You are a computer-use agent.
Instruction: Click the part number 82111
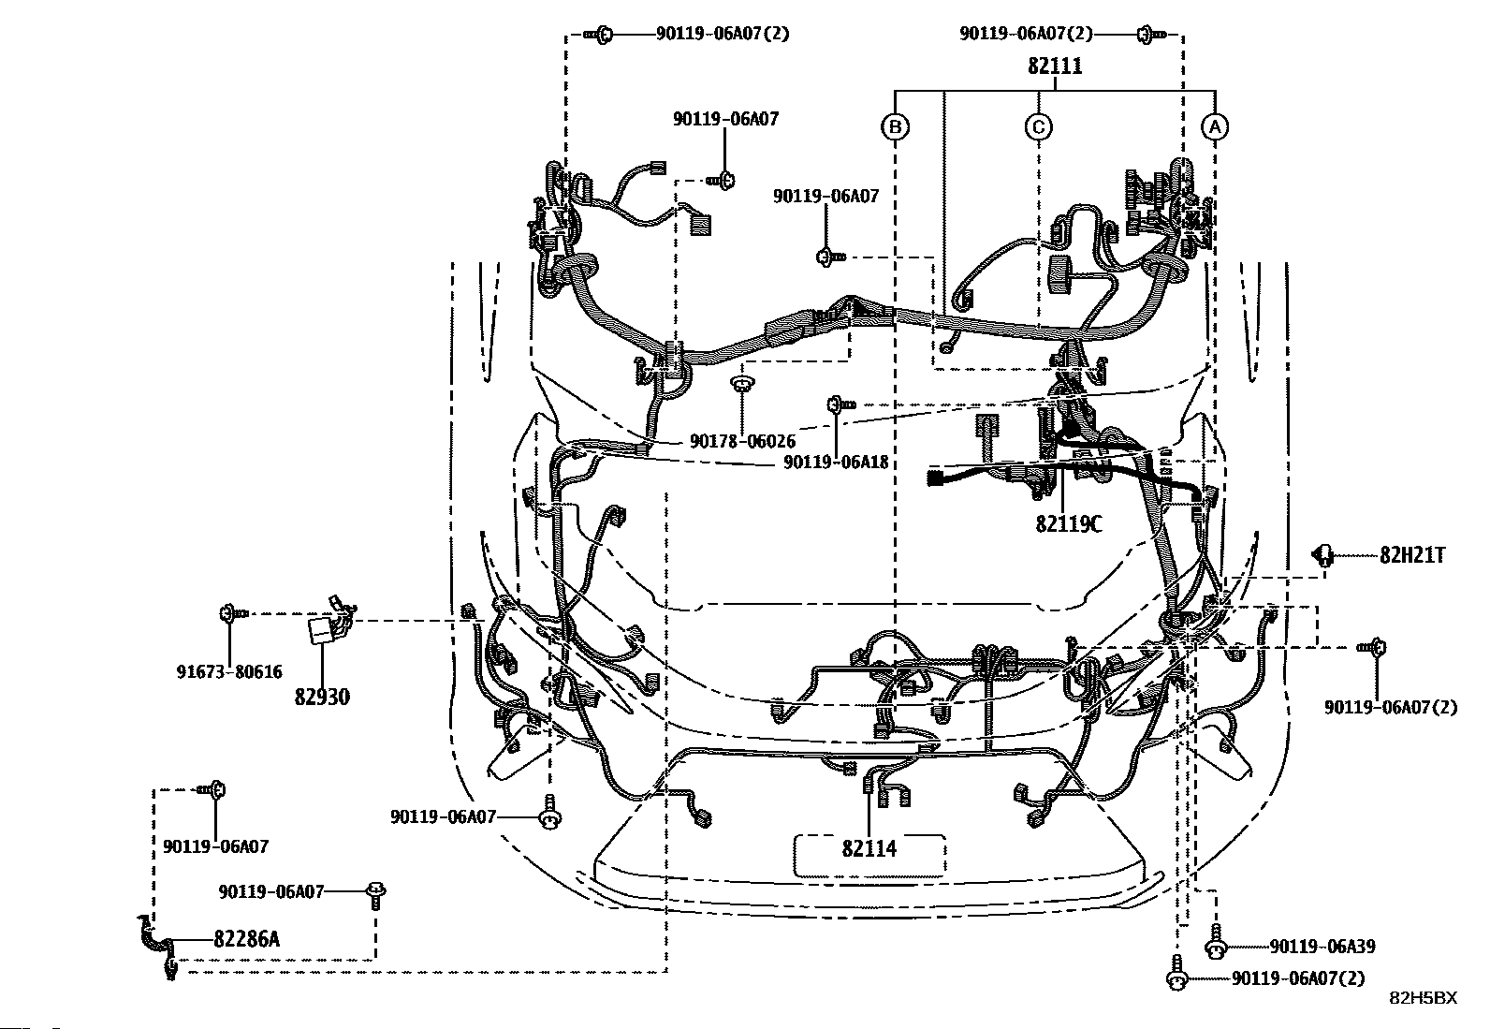pos(1055,66)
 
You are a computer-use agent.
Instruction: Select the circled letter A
pos(1214,126)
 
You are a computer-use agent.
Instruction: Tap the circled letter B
pos(896,126)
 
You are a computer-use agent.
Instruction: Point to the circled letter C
pos(1039,126)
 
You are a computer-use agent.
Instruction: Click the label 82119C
pos(1068,523)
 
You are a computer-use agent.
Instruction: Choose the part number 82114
pos(869,848)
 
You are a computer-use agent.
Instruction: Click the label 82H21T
pos(1411,555)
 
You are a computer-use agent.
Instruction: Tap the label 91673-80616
pos(229,671)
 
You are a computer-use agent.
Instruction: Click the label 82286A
pos(246,938)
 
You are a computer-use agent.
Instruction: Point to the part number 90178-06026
pos(742,440)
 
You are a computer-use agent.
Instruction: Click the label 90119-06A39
pos(1322,948)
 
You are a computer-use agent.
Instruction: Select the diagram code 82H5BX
pos(1423,998)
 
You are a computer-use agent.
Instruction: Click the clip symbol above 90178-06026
pos(742,384)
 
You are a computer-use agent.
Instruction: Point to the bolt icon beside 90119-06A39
pos(1215,946)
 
